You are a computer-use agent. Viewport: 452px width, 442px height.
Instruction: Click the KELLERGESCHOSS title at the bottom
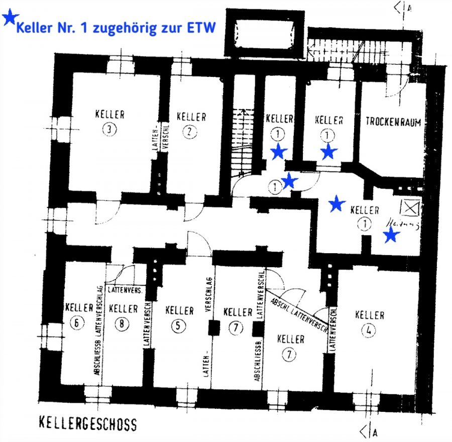87,424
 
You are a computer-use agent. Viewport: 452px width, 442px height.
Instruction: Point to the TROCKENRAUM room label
393,122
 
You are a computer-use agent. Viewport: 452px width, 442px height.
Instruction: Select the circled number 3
109,130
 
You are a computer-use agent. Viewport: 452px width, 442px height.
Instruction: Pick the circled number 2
189,132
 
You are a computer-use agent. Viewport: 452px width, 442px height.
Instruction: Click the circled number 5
178,325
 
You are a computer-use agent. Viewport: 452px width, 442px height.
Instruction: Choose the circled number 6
76,323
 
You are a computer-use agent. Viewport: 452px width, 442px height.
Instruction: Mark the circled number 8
122,324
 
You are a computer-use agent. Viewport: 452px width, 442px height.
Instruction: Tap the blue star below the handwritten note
391,235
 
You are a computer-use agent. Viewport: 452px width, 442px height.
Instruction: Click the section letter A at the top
411,7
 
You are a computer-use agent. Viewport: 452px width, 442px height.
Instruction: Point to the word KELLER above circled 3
109,114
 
